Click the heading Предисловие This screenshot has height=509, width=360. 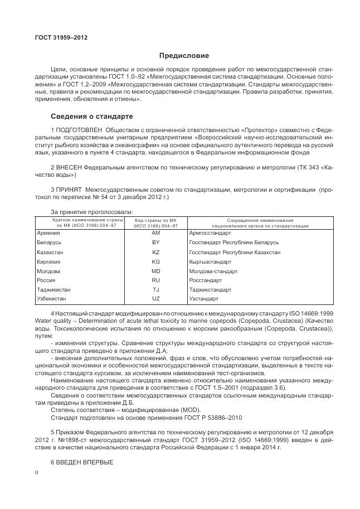tap(184, 56)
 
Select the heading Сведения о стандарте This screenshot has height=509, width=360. tap(91, 117)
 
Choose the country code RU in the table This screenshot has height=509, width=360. tap(155, 280)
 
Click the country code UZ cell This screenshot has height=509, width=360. tap(155, 299)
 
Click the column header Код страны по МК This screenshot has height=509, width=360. tap(155, 223)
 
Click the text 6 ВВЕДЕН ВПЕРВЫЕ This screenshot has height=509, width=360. tap(81, 462)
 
